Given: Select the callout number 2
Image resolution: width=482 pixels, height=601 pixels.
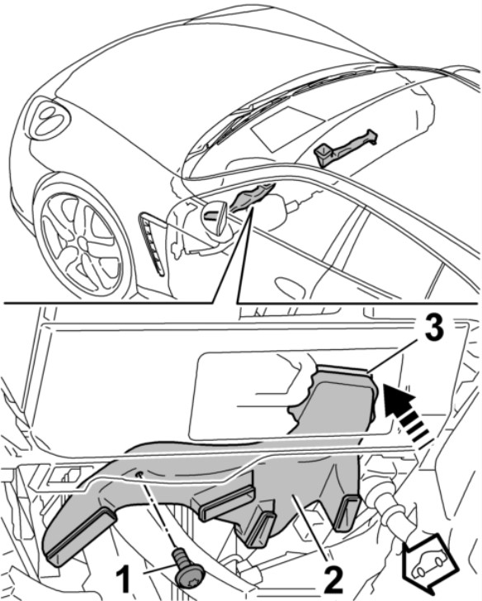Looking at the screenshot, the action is tap(333, 583).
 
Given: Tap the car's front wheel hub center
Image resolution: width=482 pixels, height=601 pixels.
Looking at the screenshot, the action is tap(83, 241).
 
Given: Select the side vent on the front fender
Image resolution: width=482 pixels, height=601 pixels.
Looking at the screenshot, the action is tap(152, 242).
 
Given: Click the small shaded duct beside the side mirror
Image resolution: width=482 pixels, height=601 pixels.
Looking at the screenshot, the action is tap(251, 196).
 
